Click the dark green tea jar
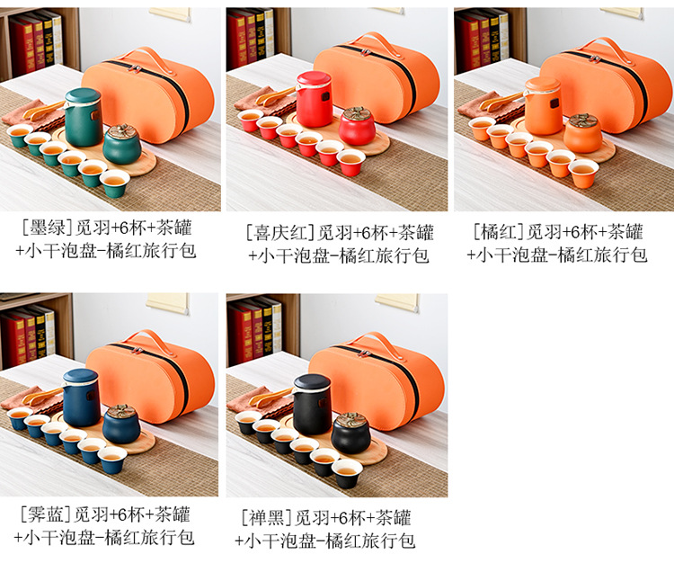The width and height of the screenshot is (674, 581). tap(122, 145)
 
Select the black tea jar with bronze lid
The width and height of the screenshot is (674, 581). tap(350, 433)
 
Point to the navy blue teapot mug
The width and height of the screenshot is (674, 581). tap(81, 397)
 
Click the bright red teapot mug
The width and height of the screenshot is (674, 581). tap(314, 99)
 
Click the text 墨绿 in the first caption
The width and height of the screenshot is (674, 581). tap(48, 228)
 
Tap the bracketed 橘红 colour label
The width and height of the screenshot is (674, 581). tap(499, 232)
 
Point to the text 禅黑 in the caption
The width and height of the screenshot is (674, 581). tap(267, 517)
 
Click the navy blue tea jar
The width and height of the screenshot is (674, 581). tap(121, 424)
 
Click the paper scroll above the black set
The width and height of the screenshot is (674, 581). tap(396, 300)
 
